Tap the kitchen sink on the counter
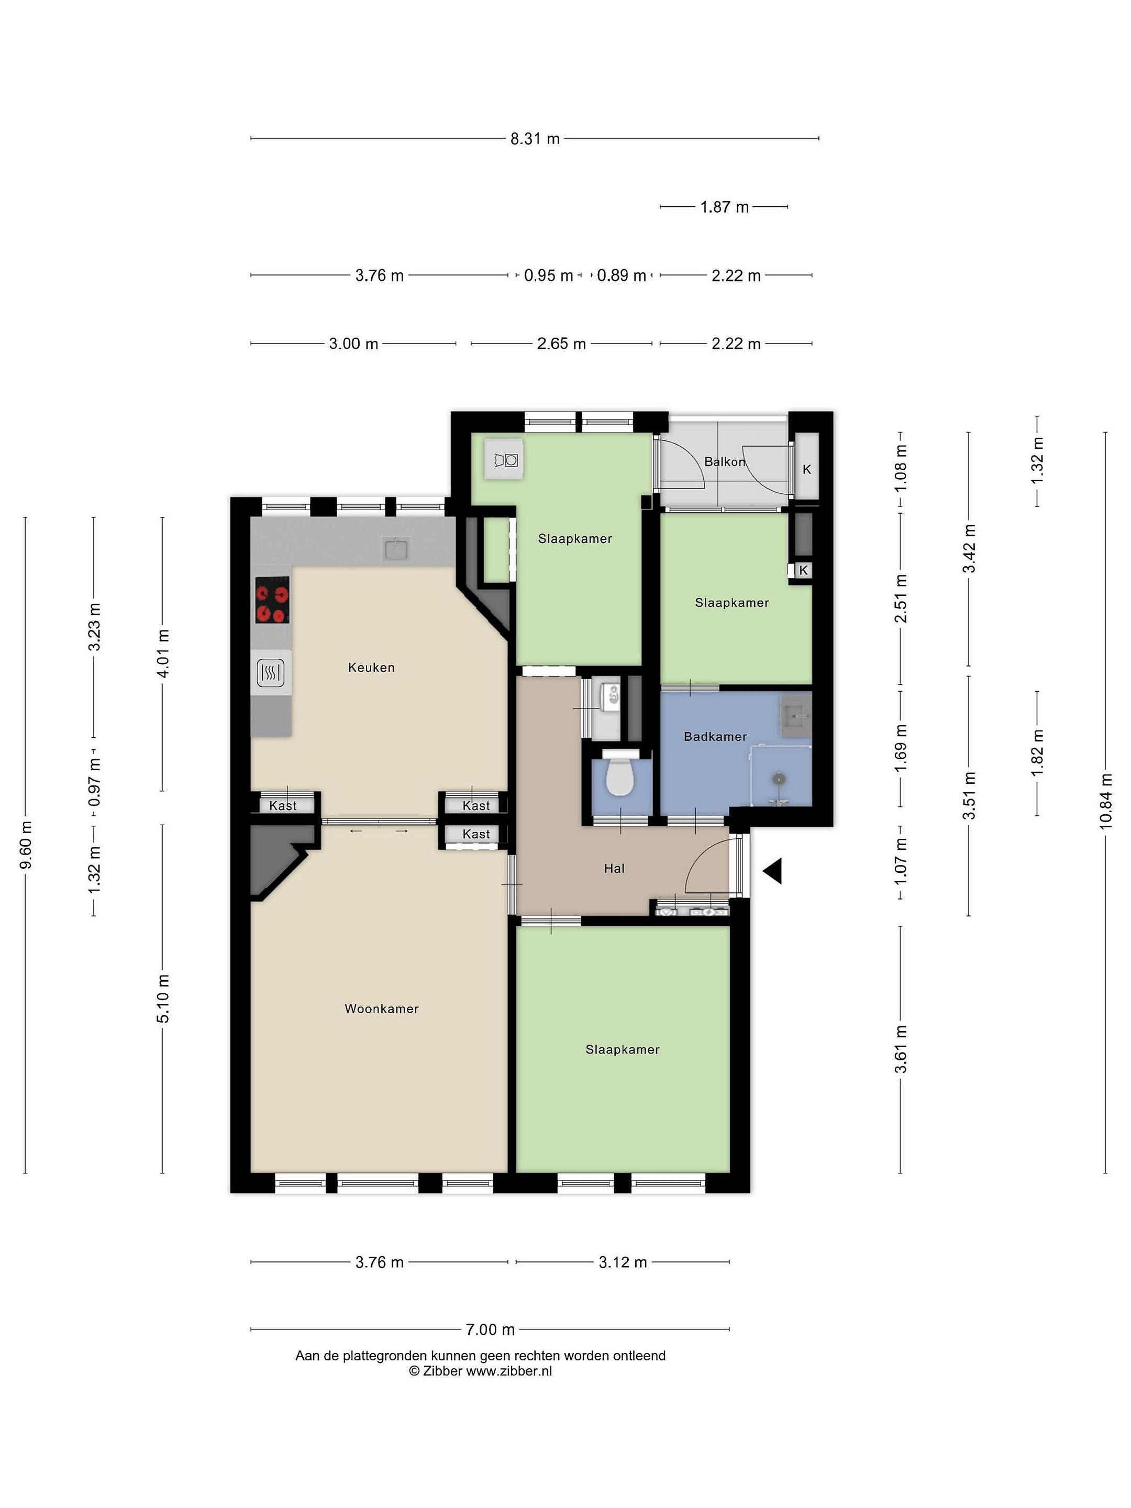(396, 548)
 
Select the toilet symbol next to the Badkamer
(620, 776)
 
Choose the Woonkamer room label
(382, 1008)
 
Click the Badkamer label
(715, 736)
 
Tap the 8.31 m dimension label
(535, 138)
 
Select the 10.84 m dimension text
(1105, 802)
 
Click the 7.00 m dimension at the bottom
(490, 1329)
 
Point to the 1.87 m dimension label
(724, 207)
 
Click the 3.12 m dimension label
(623, 1262)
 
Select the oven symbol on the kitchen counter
(271, 673)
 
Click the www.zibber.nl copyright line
(481, 1371)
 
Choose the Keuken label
(372, 668)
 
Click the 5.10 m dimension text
(163, 999)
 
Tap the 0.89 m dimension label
(622, 275)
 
